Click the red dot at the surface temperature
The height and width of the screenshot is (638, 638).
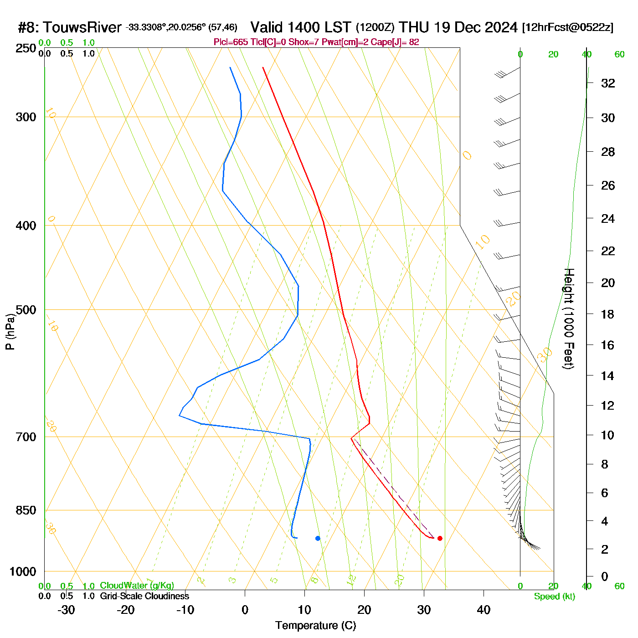tap(440, 538)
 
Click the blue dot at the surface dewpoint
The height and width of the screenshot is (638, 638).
tap(318, 538)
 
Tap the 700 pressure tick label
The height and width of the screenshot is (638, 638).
tap(26, 437)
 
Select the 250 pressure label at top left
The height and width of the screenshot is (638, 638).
tap(26, 48)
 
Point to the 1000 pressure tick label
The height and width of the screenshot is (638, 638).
tap(23, 571)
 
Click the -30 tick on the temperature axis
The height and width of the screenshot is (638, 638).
tap(66, 610)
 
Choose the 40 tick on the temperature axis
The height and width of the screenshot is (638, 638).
tap(484, 610)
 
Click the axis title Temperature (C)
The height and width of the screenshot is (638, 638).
tap(315, 626)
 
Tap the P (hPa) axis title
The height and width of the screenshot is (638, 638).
tap(10, 331)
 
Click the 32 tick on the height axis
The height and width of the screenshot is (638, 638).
tap(608, 83)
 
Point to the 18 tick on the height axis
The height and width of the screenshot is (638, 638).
tap(608, 314)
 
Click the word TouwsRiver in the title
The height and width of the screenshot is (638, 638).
tap(82, 27)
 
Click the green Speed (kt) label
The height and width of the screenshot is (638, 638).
tap(554, 597)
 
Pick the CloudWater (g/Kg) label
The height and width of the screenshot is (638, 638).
tap(137, 586)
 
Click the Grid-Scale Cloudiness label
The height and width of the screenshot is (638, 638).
tap(144, 596)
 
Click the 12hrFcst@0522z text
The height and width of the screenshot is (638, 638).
tap(568, 27)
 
